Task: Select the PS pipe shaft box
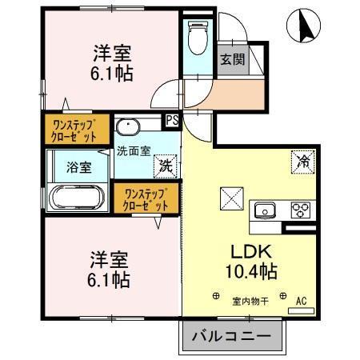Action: pyautogui.click(x=171, y=121)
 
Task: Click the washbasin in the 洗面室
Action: pyautogui.click(x=128, y=128)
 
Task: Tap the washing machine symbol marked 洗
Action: pyautogui.click(x=165, y=166)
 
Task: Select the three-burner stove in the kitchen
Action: pyautogui.click(x=300, y=210)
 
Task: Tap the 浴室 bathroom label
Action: pyautogui.click(x=78, y=168)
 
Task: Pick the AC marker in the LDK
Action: pyautogui.click(x=302, y=301)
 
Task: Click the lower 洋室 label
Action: pyautogui.click(x=109, y=260)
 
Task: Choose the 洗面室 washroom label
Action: pyautogui.click(x=133, y=150)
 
